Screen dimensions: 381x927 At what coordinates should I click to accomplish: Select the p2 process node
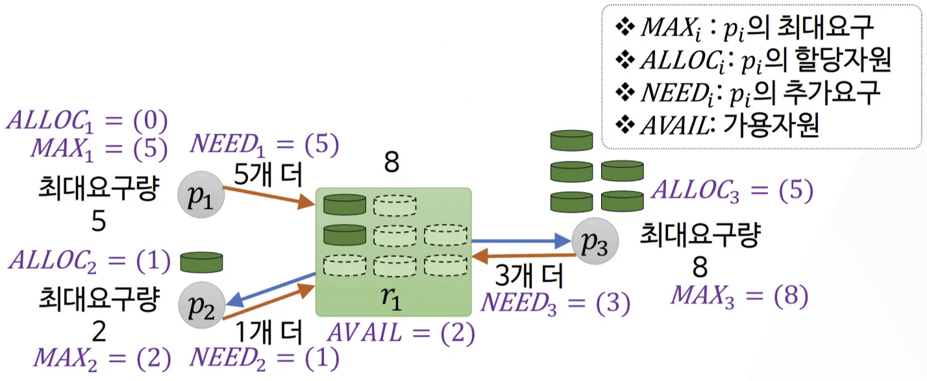(201, 304)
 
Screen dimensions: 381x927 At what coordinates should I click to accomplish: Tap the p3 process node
(595, 243)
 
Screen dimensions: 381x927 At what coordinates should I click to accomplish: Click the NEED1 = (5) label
(264, 145)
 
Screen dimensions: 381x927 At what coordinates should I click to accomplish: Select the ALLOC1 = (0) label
(87, 121)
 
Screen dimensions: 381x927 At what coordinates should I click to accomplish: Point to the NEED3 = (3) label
(555, 303)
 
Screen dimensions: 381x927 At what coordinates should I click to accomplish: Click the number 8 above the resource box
(391, 163)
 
